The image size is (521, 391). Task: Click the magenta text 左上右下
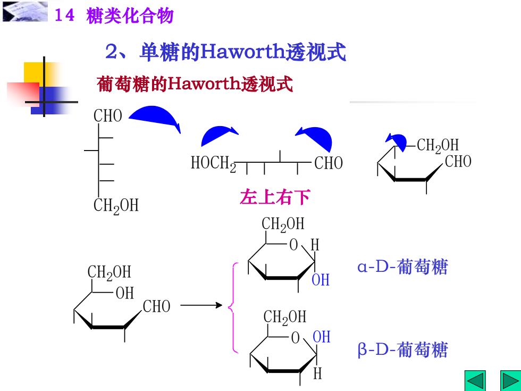tap(275, 197)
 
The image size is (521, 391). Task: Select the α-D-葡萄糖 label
tap(403, 267)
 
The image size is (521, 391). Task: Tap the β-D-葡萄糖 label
tap(403, 350)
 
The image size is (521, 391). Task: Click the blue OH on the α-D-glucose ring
tap(321, 280)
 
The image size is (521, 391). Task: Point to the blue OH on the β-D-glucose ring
tap(322, 337)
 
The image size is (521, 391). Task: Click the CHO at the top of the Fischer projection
tap(107, 116)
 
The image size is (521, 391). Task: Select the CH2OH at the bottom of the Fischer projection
tap(116, 206)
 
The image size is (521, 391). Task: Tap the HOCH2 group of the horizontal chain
tap(213, 163)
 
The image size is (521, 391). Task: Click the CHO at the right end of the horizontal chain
tap(329, 163)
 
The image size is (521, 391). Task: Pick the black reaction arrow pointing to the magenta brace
tap(201, 305)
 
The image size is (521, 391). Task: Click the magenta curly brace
tap(233, 307)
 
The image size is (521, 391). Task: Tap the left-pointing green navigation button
tap(475, 381)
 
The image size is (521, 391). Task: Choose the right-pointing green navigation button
tap(511, 381)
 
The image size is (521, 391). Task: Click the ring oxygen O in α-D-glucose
tap(293, 245)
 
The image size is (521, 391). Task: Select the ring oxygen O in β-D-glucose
tap(296, 338)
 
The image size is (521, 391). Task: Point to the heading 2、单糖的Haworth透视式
tap(225, 52)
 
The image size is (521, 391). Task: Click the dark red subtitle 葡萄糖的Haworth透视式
tap(195, 84)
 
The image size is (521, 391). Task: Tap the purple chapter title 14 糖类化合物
tap(114, 15)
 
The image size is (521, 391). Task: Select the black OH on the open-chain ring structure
tap(125, 293)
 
